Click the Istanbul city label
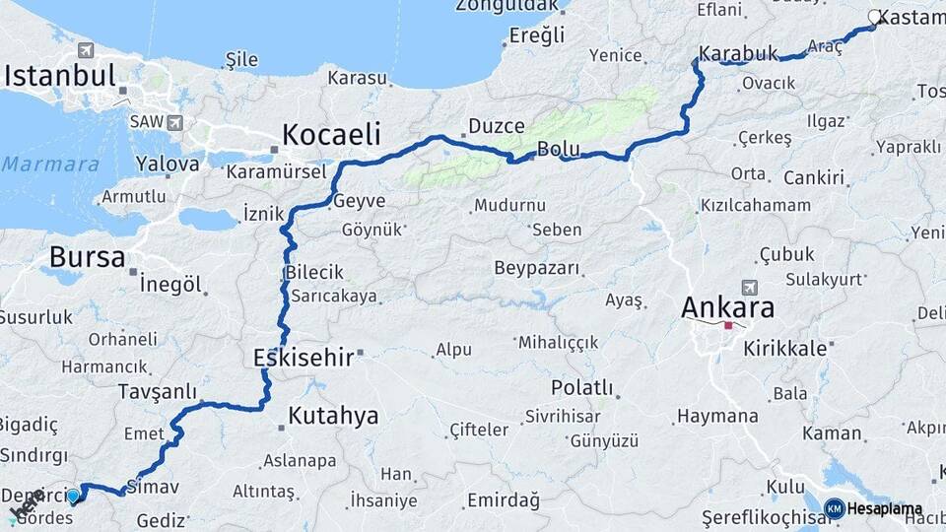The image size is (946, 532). pos(61,76)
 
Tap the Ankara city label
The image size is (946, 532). pos(727,307)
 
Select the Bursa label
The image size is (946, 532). pos(87,258)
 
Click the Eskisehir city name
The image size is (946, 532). pos(303,357)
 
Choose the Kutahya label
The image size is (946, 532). pos(333,415)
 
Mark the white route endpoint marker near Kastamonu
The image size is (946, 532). pos(874,16)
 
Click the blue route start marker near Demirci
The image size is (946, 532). pos(73,496)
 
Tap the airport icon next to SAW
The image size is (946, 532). pos(175,122)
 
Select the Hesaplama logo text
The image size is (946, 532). pos(884,508)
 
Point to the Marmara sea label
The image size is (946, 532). pos(50,164)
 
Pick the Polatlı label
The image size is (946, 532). pos(582,387)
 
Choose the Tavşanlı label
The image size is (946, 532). pos(157,391)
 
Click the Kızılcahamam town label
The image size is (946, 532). pos(755,205)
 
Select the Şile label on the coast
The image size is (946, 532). pos(241,60)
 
